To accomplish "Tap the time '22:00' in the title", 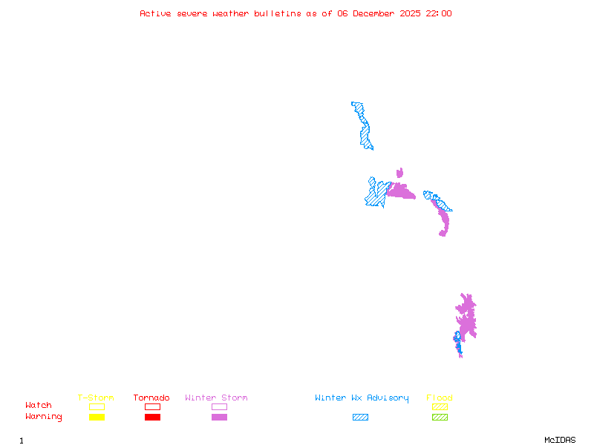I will coord(437,13).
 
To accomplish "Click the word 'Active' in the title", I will coord(156,13).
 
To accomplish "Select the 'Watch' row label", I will coord(39,406).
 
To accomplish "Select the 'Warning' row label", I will coord(44,417).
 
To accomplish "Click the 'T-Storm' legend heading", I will coord(96,398).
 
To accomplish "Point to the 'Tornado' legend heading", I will coord(151,398).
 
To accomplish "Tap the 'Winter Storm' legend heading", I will coord(216,398).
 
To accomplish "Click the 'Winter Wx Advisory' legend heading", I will coord(362,398).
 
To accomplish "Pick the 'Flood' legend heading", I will coord(440,398).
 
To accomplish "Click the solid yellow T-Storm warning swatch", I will coord(97,417).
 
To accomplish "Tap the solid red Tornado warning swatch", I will coord(152,417).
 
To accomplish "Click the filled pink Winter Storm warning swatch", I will coord(219,417).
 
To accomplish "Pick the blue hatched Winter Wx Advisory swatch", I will coord(360,417).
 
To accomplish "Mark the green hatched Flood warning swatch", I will coord(440,417).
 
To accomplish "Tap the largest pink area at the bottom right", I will coord(467,317).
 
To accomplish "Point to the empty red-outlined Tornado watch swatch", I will coord(152,406).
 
